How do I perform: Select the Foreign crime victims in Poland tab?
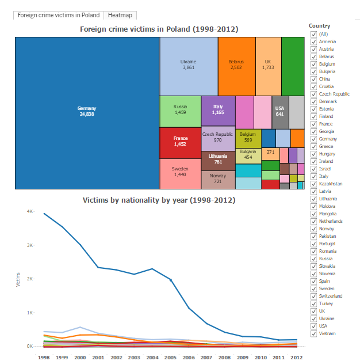click(58, 15)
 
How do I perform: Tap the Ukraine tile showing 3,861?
click(188, 65)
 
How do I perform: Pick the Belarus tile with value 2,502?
click(236, 65)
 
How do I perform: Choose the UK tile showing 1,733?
click(268, 65)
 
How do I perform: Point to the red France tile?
click(180, 142)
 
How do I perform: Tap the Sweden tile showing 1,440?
click(180, 173)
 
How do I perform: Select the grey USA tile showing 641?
click(280, 111)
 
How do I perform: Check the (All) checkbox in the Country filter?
click(313, 35)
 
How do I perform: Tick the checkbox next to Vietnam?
click(313, 333)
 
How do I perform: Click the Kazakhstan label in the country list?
click(331, 184)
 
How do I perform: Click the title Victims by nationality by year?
click(159, 200)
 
